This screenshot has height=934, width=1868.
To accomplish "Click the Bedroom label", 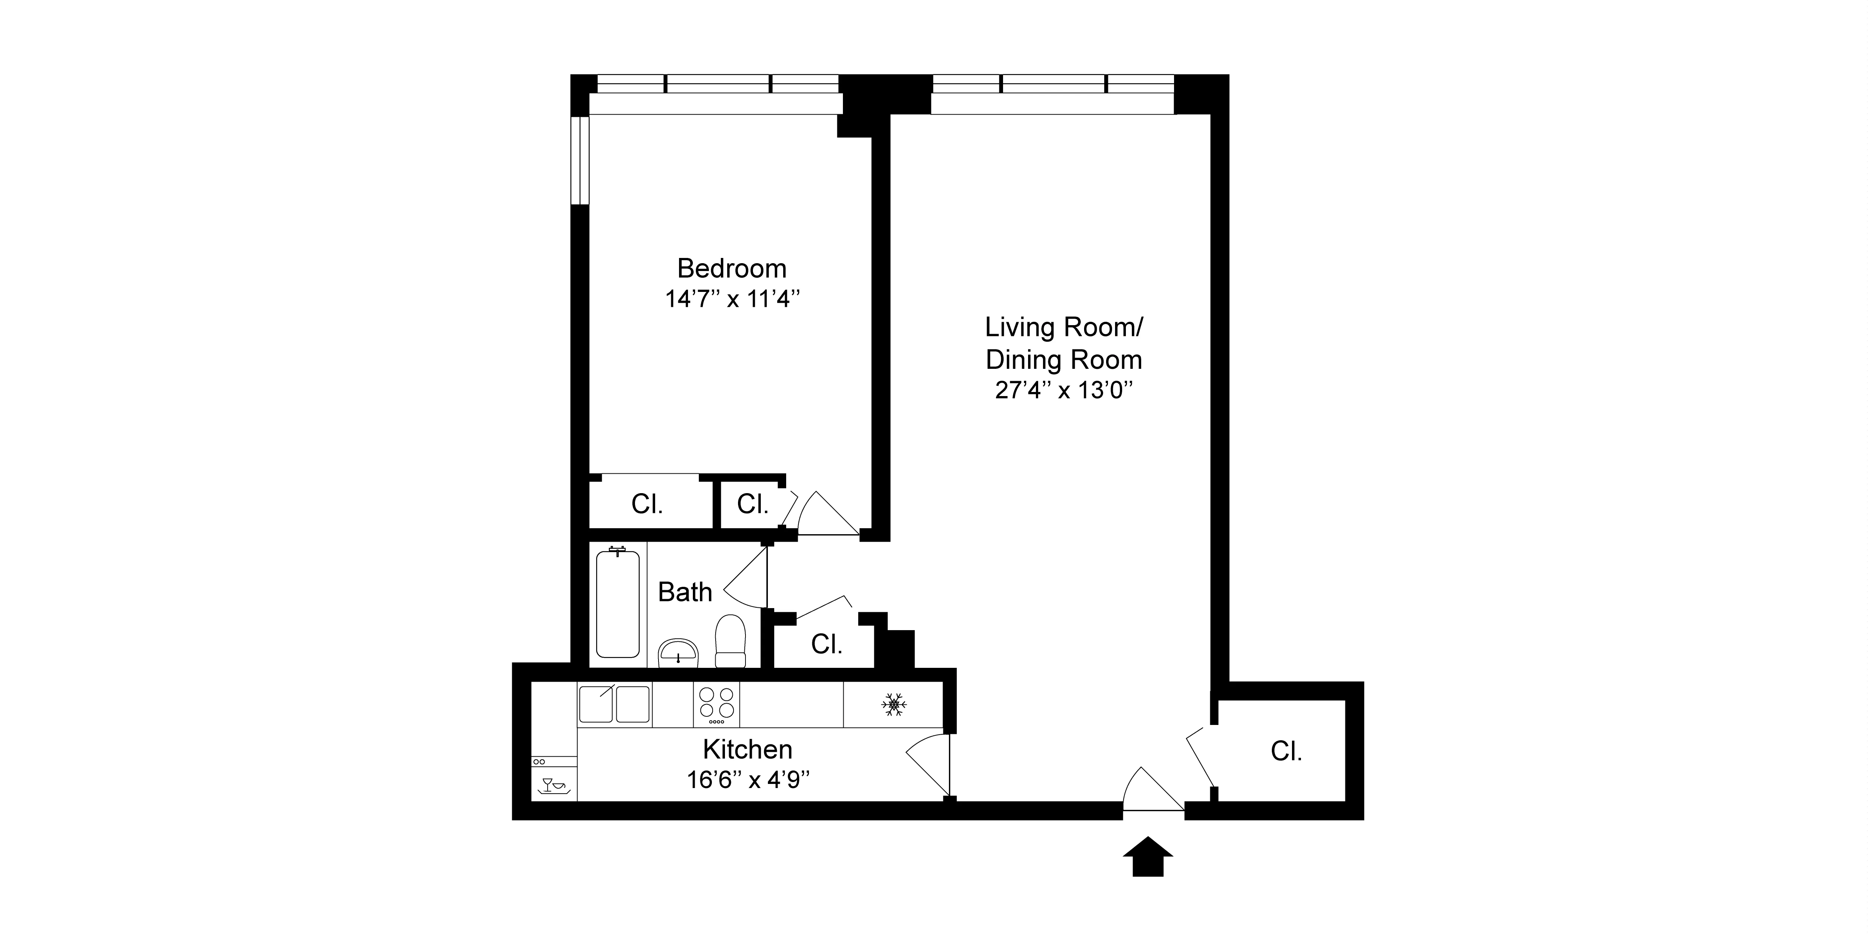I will point(732,269).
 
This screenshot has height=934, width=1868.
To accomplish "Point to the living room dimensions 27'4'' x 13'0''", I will point(1063,391).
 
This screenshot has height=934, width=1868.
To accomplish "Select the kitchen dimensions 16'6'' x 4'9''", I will point(748,780).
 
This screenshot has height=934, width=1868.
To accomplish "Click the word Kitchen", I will point(748,749).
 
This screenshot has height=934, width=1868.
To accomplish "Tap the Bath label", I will point(685,592).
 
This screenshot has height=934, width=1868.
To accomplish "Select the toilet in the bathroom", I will point(730,642).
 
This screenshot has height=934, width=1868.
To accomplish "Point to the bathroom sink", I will point(677,653).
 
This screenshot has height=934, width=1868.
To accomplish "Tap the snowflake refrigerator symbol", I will point(893,704).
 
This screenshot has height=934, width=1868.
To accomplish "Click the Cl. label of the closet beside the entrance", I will point(1286,751).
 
